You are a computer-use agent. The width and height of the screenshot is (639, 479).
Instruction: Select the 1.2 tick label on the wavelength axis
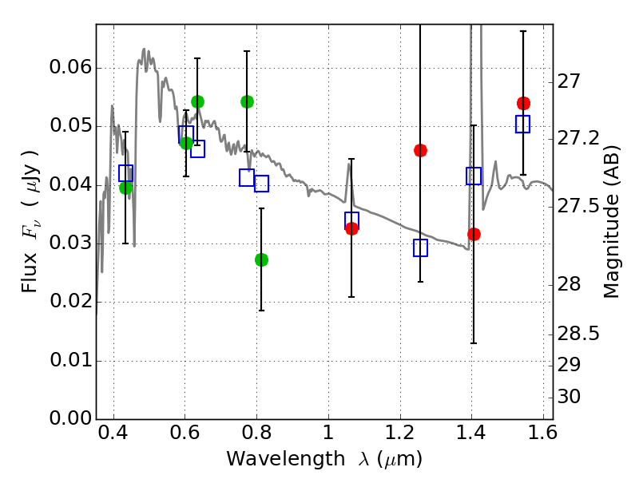coord(399,436)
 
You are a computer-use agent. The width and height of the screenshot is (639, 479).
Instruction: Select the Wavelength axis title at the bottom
coord(323,460)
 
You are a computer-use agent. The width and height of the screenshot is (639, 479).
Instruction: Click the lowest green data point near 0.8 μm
coord(261,259)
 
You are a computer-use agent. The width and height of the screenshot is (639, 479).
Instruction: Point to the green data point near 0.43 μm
coord(125,188)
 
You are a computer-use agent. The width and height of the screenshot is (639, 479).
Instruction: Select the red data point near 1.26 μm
coord(420,150)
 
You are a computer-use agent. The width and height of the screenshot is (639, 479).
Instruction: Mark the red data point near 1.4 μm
coord(474,234)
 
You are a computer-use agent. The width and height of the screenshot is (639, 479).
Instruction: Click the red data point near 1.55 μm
coord(523,103)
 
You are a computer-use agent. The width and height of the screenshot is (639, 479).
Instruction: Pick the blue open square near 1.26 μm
coord(420,248)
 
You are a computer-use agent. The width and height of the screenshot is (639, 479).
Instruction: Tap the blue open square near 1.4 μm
coord(474,176)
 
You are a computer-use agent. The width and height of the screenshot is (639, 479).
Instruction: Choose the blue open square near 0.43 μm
coord(125,173)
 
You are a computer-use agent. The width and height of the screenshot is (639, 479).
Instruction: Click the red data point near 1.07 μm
coord(351,228)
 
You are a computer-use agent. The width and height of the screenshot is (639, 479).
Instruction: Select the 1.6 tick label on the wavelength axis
coord(542,436)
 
